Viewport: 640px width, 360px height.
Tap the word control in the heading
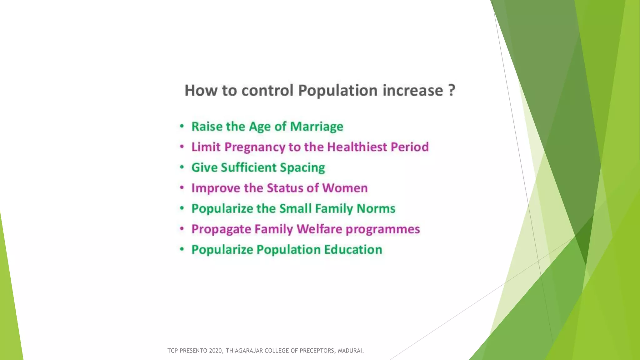[267, 91]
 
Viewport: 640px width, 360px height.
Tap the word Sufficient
[249, 168]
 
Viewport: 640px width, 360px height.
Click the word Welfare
[319, 229]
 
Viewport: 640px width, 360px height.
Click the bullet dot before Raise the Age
[182, 127]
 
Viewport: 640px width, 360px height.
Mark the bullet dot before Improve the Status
[182, 188]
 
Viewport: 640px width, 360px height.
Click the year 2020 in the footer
[216, 351]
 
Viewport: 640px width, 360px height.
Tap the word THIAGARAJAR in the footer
[244, 351]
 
